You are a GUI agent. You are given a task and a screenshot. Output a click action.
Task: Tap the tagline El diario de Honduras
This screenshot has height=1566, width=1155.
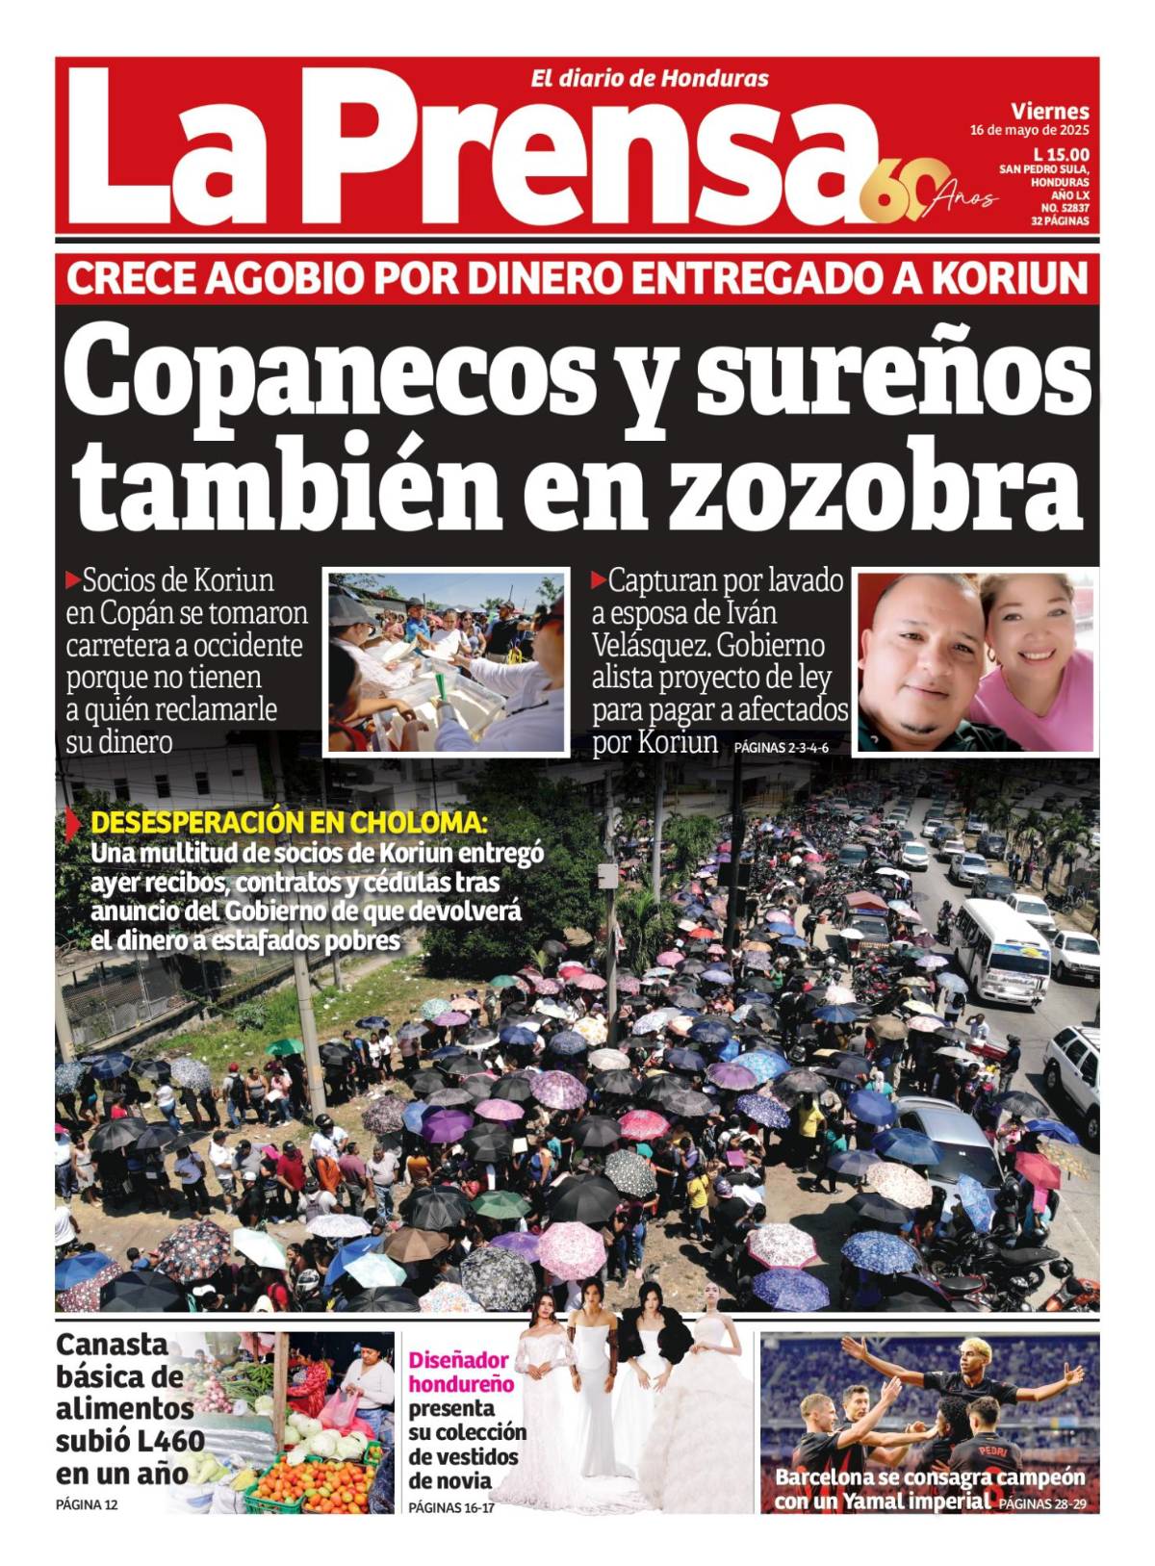point(650,79)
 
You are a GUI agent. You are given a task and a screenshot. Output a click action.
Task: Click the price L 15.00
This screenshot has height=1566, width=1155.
point(1061,154)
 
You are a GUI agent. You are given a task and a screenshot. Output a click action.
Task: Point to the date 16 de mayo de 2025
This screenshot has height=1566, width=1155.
point(1029,130)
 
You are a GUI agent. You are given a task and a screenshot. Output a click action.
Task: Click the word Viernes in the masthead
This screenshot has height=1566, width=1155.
point(1050,111)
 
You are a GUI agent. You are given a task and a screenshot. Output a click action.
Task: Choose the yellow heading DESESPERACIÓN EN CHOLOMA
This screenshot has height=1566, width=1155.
point(289,824)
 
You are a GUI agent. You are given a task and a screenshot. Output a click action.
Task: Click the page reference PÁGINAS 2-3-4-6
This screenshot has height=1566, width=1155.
point(781,748)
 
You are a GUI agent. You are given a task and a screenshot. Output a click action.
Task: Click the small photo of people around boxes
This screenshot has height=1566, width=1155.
point(447,662)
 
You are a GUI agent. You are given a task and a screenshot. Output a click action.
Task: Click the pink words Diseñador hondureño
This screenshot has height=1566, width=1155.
point(461,1372)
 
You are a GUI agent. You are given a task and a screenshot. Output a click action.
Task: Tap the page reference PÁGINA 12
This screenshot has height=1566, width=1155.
point(87,1504)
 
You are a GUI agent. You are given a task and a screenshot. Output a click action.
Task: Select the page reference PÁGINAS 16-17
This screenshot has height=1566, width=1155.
point(451,1507)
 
